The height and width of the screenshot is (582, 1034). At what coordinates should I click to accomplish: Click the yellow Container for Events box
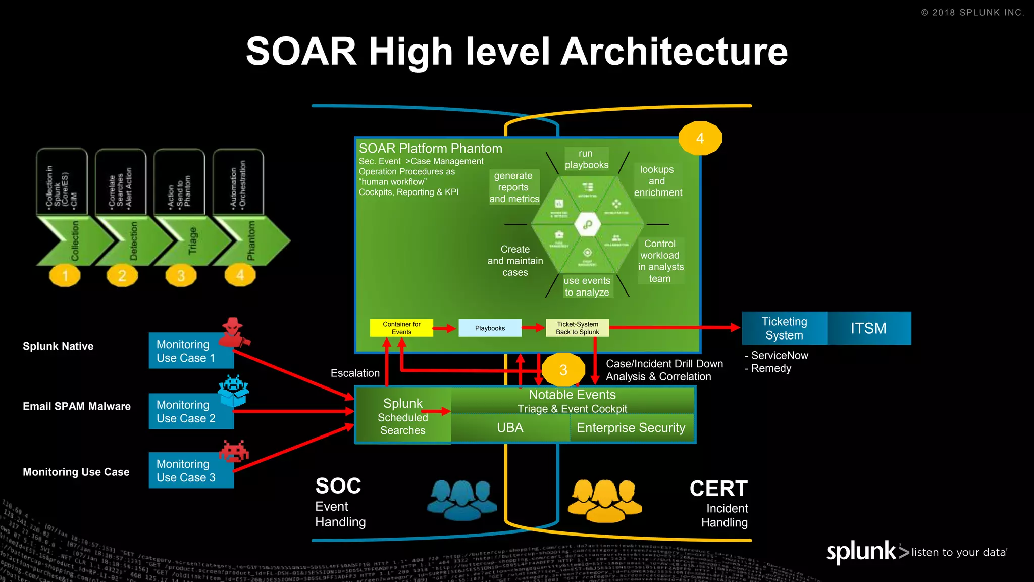pyautogui.click(x=401, y=328)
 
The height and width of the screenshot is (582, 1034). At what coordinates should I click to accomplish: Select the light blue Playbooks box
pyautogui.click(x=489, y=328)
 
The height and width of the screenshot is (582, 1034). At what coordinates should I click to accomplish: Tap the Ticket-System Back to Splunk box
pyautogui.click(x=577, y=328)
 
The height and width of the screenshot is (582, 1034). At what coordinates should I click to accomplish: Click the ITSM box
pyautogui.click(x=868, y=328)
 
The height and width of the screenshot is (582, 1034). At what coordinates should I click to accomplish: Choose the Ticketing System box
pyautogui.click(x=784, y=328)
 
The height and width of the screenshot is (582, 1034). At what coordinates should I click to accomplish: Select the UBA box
pyautogui.click(x=510, y=428)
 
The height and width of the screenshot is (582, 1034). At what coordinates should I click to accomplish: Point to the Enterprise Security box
pyautogui.click(x=631, y=428)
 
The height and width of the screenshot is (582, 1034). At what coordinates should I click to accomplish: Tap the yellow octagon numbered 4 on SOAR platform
pyautogui.click(x=700, y=138)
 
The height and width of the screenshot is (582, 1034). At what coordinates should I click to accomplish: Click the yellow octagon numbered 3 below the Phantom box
pyautogui.click(x=563, y=370)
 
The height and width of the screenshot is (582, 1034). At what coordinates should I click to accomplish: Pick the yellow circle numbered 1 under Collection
pyautogui.click(x=65, y=275)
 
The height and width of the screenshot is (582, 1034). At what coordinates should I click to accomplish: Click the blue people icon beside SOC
pyautogui.click(x=461, y=499)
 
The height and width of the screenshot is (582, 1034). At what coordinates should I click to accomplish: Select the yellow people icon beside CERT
pyautogui.click(x=605, y=500)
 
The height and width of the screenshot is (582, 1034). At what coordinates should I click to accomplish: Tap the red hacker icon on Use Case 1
pyautogui.click(x=234, y=332)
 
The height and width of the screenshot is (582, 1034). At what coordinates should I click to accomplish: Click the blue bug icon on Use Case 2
pyautogui.click(x=233, y=390)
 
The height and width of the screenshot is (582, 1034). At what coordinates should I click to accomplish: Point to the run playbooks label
pyautogui.click(x=586, y=159)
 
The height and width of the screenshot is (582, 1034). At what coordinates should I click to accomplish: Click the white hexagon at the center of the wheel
pyautogui.click(x=588, y=224)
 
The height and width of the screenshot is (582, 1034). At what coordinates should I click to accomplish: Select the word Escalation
pyautogui.click(x=355, y=373)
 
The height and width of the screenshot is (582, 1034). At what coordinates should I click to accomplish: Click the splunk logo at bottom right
pyautogui.click(x=861, y=552)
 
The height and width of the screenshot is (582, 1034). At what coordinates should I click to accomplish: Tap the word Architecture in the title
pyautogui.click(x=674, y=52)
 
